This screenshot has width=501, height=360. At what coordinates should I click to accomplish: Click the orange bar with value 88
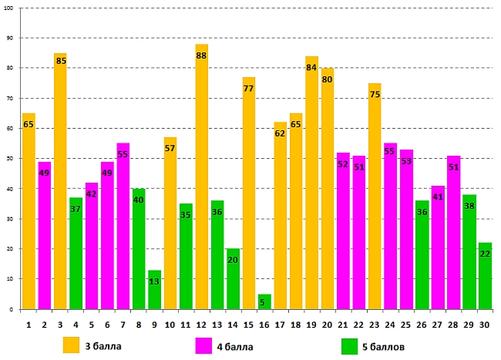point(201,177)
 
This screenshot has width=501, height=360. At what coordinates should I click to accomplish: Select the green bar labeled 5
point(264,301)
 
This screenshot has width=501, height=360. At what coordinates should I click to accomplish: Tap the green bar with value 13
point(154,289)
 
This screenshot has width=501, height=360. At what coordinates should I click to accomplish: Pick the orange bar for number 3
point(60,181)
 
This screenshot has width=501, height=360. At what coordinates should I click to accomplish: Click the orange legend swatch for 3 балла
point(72,345)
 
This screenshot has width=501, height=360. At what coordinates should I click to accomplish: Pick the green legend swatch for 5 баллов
point(350,345)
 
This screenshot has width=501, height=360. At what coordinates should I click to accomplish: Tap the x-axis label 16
point(264,324)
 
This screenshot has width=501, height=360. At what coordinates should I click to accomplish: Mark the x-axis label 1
point(29,324)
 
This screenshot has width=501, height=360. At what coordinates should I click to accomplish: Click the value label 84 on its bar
point(311,67)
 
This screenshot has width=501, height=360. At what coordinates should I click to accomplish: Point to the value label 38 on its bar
point(469,206)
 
